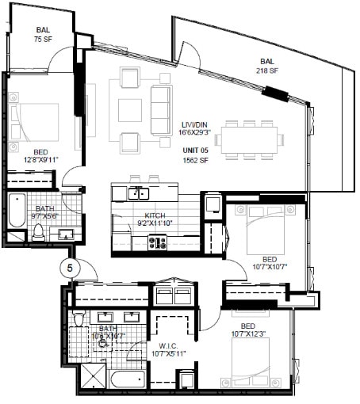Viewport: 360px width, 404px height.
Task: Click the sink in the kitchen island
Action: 139,192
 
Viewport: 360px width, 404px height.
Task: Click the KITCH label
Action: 154,215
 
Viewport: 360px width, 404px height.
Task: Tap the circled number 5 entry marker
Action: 70,268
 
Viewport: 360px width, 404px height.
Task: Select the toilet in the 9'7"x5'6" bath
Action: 37,232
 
